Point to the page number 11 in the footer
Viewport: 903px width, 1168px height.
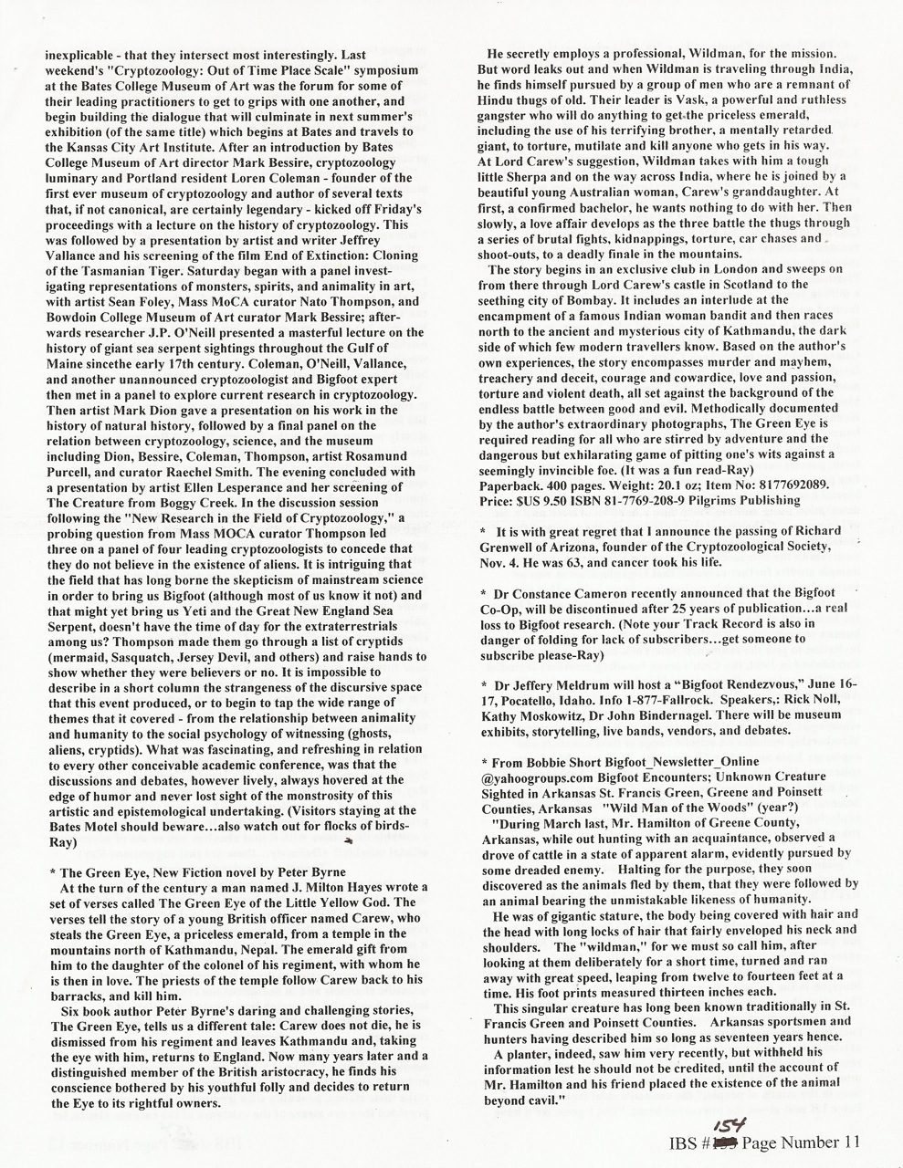846,1142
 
